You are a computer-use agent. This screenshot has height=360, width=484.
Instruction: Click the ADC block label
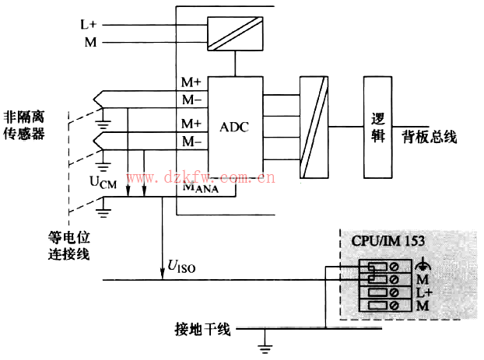(x=234, y=128)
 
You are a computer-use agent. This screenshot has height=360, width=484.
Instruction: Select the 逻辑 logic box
(x=378, y=128)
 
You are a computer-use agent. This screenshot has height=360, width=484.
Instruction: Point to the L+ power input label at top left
(x=89, y=24)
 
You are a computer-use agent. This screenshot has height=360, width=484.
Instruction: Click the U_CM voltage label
(x=103, y=183)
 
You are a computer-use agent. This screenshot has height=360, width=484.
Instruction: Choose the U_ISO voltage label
(x=181, y=268)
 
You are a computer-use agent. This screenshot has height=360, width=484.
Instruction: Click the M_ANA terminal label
(x=200, y=187)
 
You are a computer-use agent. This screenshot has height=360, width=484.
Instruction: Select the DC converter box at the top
(x=234, y=33)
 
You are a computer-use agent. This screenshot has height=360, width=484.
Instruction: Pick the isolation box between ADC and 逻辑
(x=312, y=128)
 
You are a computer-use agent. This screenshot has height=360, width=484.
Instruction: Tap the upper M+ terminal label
(x=191, y=82)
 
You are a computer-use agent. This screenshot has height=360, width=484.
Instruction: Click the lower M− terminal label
(x=191, y=142)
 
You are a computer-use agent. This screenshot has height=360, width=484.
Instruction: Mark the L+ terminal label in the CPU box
(x=423, y=292)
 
